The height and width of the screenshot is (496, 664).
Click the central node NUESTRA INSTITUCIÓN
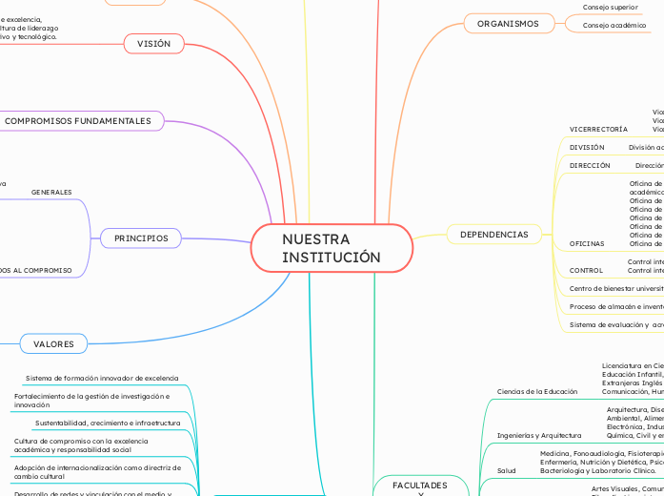tap(332, 248)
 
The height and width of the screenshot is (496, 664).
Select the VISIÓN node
tap(153, 44)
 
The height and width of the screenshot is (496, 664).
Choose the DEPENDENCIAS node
tap(493, 234)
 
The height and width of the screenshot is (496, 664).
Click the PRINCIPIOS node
tap(141, 238)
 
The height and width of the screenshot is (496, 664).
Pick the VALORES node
tap(54, 343)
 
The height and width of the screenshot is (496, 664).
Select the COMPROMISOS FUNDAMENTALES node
tap(78, 121)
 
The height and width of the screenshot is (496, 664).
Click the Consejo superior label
tap(611, 7)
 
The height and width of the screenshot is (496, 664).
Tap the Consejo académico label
tap(614, 26)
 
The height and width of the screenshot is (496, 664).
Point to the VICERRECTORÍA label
tap(598, 128)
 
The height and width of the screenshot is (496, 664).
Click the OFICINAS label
tap(587, 244)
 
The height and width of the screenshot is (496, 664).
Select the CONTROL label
tap(586, 270)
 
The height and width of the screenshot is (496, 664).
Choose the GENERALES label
tap(51, 193)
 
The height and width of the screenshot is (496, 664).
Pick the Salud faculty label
tap(507, 470)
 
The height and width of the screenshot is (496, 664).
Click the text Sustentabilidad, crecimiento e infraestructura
tap(108, 422)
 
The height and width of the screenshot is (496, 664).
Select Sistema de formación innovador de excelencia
tap(102, 378)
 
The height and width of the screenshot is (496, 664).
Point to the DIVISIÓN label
tap(587, 148)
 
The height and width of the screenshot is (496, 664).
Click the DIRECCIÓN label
tap(590, 165)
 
